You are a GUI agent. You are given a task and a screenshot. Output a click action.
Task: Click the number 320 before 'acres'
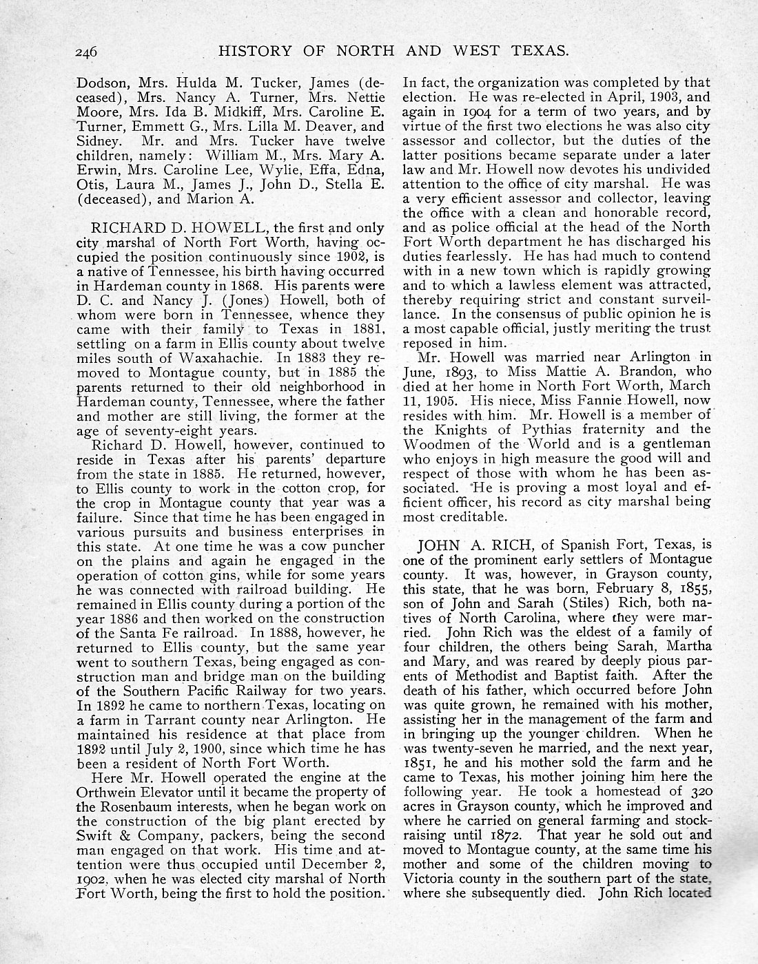(x=697, y=792)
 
